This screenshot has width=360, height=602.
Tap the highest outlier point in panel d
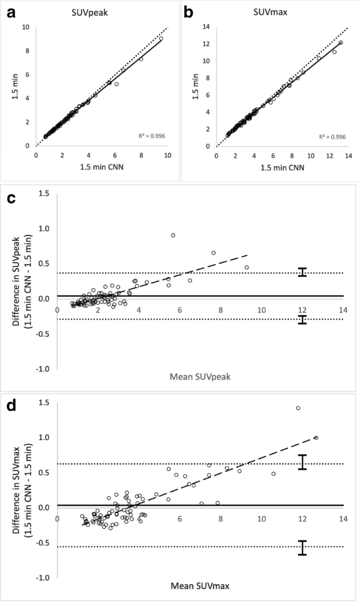coord(298,408)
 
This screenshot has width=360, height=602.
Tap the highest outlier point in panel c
coord(173,235)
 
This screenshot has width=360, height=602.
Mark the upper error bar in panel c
coord(302,272)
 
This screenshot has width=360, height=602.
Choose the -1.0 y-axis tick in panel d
coord(45,577)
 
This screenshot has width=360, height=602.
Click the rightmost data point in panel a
coord(161,38)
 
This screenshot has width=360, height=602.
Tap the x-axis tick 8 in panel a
coord(141,155)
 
